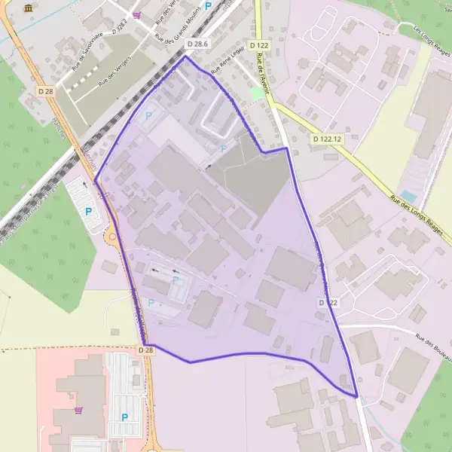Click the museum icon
point(29,8)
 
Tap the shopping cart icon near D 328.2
point(136,14)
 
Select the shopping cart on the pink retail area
point(78,411)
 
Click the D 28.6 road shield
point(197,45)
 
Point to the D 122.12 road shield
point(327,139)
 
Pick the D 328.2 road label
point(121,28)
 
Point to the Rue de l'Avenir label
point(263,66)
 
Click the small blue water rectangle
point(408,195)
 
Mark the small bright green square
point(258,93)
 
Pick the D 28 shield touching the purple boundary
point(146,350)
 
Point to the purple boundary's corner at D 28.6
point(185,56)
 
